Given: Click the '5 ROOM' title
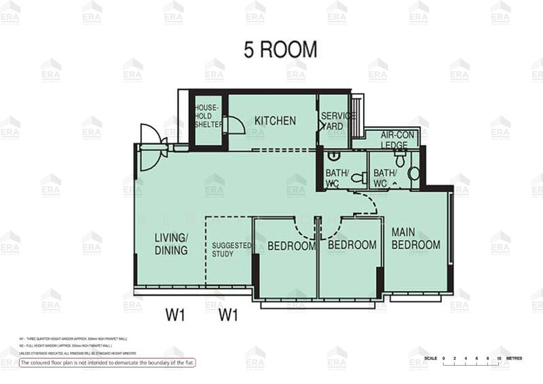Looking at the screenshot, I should (280, 50).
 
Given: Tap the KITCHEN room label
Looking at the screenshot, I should (275, 121).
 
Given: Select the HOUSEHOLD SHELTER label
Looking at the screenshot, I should (208, 116).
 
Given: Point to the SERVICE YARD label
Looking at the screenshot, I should (337, 121).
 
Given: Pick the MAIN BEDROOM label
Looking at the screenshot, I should (415, 238).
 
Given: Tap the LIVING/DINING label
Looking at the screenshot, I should (171, 243).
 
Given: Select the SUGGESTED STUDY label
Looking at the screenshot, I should (231, 250).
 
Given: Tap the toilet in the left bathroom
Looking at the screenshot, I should (360, 178).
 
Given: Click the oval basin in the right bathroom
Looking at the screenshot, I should (413, 174).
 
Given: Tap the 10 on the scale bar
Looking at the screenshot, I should (499, 358).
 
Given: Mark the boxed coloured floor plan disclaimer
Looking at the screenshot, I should (107, 363).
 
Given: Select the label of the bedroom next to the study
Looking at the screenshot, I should (291, 246).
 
